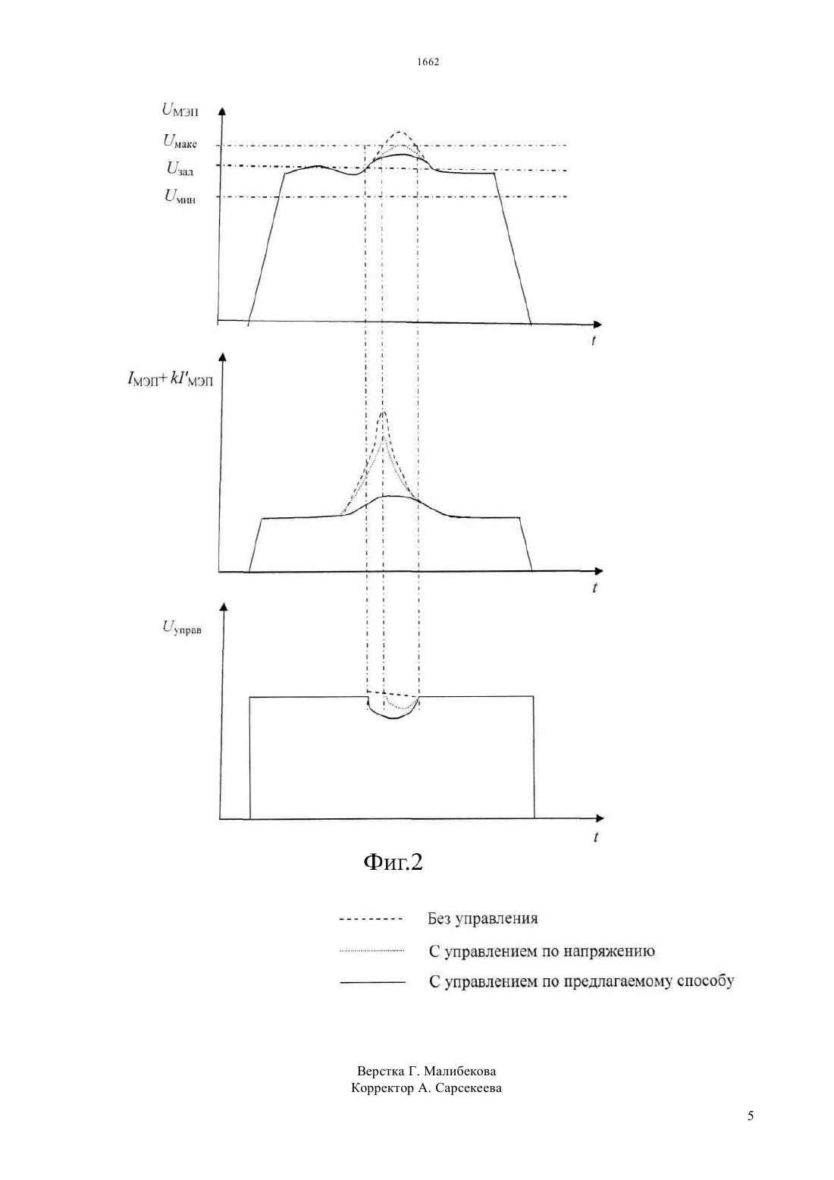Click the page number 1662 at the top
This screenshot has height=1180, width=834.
(x=428, y=61)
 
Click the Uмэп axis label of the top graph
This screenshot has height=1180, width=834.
(x=180, y=110)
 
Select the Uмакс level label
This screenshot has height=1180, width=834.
(x=180, y=141)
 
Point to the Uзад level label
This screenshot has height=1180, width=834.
(x=180, y=168)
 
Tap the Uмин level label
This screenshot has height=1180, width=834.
(x=180, y=196)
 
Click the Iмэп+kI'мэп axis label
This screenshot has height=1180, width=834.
(x=170, y=378)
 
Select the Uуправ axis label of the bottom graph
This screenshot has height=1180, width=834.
(x=182, y=627)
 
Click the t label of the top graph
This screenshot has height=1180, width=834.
(x=594, y=341)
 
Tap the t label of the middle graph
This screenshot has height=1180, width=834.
(x=594, y=588)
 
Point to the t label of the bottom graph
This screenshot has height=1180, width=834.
(x=595, y=836)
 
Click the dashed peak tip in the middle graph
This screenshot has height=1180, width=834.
(x=384, y=412)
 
